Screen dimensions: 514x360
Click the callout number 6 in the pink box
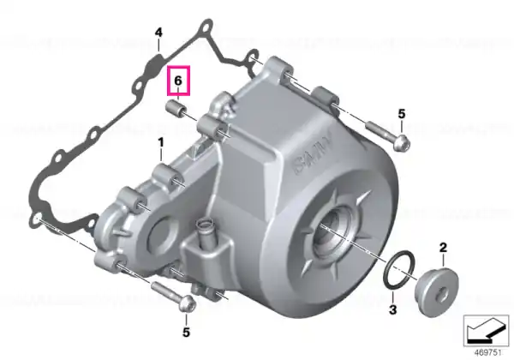pos(178,81)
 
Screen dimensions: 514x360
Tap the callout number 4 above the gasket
pos(158,33)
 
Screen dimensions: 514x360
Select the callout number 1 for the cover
pos(161,143)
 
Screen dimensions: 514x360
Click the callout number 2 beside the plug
pos(443,248)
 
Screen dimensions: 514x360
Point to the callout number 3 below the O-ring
pos(392,309)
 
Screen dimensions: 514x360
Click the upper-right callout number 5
pos(402,114)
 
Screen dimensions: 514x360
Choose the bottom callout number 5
pos(186,333)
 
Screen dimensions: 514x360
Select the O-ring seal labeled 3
pos(398,271)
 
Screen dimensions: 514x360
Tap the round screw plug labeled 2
pos(437,292)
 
